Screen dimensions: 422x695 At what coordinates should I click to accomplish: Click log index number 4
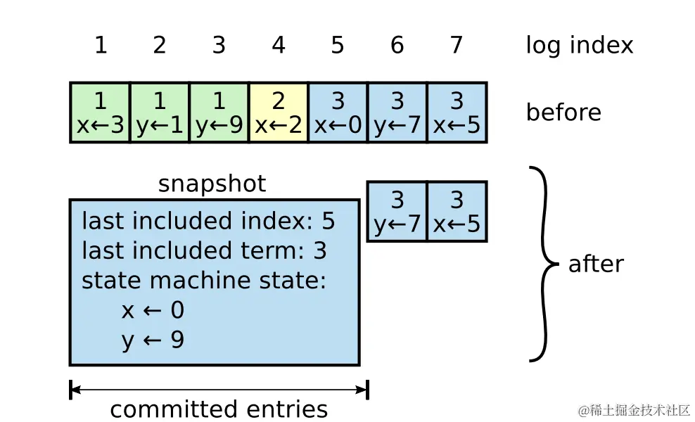[279, 45]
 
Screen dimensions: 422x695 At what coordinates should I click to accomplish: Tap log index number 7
[457, 45]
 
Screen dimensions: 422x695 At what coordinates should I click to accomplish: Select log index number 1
[101, 45]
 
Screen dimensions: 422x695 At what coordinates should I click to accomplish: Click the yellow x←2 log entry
[279, 113]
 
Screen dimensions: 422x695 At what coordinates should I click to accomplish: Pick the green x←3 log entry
[101, 113]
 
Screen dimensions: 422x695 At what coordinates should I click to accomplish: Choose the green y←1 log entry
[160, 113]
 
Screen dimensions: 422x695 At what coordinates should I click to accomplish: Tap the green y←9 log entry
[219, 113]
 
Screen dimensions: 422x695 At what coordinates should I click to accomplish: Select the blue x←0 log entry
[338, 113]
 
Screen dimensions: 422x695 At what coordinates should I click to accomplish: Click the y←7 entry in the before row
[397, 113]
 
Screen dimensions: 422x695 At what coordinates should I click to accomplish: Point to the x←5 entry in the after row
[457, 212]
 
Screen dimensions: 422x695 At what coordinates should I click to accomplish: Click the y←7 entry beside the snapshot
[397, 212]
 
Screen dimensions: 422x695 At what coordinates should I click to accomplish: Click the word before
[563, 113]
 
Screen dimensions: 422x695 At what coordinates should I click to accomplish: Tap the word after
[596, 264]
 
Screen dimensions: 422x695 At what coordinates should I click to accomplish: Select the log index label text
[580, 45]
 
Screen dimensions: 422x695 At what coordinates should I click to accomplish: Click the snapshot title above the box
[212, 184]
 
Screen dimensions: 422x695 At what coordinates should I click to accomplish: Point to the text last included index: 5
[208, 221]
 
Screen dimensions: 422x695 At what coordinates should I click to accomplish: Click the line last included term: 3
[204, 250]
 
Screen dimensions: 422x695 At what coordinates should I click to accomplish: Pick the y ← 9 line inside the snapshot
[153, 340]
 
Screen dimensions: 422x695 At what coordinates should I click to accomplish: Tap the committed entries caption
[219, 409]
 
